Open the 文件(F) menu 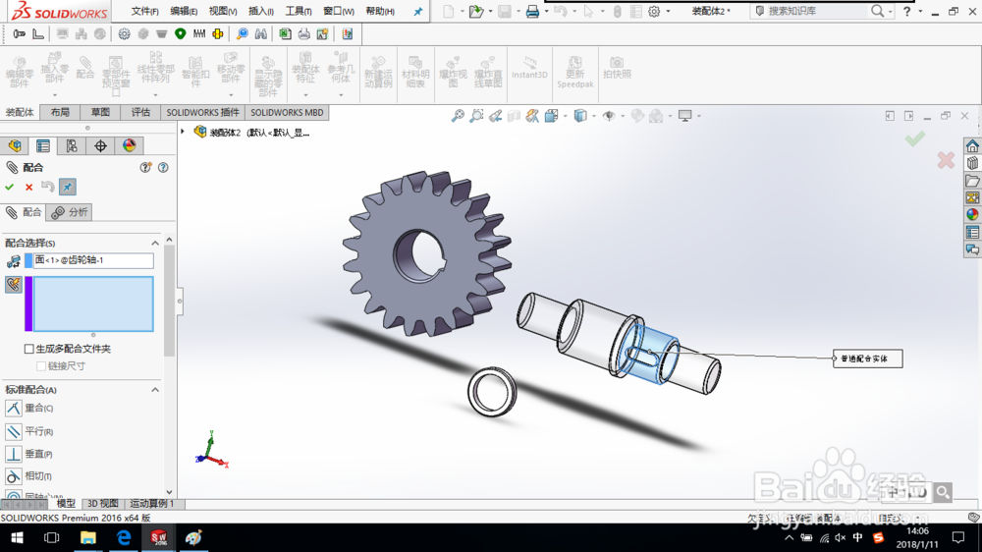coord(144,12)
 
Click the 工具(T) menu coord(298,12)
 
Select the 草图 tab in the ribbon coord(100,112)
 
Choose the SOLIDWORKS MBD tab coord(287,112)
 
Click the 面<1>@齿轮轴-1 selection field coord(93,260)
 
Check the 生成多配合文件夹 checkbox coord(28,349)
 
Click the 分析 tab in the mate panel coord(70,212)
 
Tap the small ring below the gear coord(490,392)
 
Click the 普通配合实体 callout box coord(867,359)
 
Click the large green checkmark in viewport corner coord(914,139)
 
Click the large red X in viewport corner coord(946,160)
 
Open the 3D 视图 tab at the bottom coord(102,504)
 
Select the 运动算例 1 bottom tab coord(151,504)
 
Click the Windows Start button coord(17,538)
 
